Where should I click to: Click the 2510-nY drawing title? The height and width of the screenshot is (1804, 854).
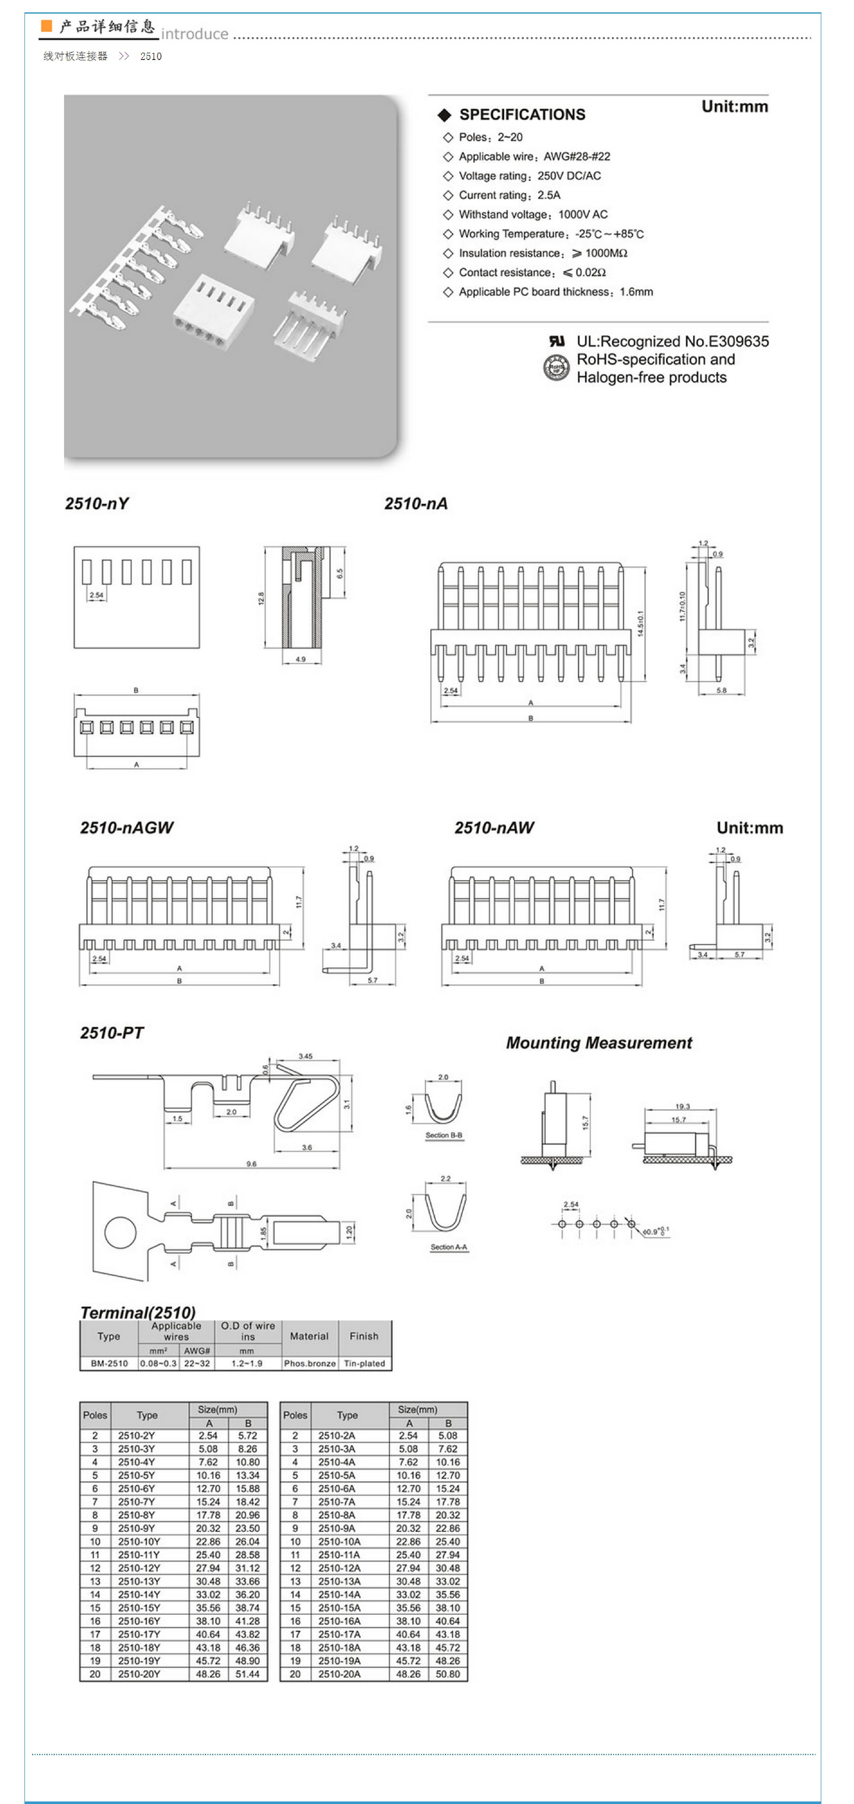(97, 504)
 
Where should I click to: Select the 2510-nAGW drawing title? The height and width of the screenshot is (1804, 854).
(126, 828)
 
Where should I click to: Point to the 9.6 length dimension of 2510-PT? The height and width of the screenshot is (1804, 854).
(251, 1164)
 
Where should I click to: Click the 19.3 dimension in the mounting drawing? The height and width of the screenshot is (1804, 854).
(682, 1107)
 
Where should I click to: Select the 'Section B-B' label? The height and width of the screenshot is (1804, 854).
(443, 1135)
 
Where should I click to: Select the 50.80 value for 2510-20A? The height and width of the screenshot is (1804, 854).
(448, 1674)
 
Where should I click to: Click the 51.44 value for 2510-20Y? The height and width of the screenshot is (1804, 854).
(247, 1674)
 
